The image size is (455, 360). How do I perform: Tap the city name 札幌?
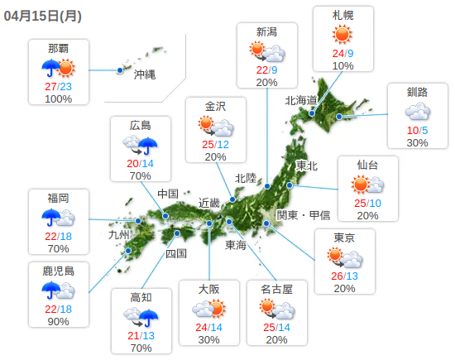click(x=342, y=14)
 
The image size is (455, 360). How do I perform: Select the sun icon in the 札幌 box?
click(x=342, y=35)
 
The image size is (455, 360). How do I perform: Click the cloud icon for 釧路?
click(x=417, y=111)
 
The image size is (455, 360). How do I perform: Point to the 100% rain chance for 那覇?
click(x=58, y=99)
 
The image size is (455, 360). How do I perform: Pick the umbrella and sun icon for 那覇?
click(x=58, y=68)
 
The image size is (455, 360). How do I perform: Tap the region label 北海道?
click(x=301, y=101)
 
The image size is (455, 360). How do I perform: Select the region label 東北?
click(x=307, y=166)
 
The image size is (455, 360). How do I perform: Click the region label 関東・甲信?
click(x=303, y=215)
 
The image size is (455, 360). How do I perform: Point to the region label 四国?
click(x=177, y=253)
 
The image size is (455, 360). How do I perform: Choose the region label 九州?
click(x=119, y=235)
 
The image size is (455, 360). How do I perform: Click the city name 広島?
click(x=141, y=126)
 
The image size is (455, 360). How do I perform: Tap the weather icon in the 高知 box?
click(x=141, y=317)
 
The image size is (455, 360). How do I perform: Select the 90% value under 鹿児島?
click(x=58, y=322)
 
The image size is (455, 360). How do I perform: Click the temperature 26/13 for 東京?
click(x=344, y=276)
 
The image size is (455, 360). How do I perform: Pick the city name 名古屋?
click(x=276, y=290)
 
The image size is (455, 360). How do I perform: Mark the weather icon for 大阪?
click(x=208, y=310)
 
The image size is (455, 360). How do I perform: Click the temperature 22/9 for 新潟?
click(x=266, y=70)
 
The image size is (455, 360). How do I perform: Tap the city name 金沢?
click(x=215, y=105)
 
